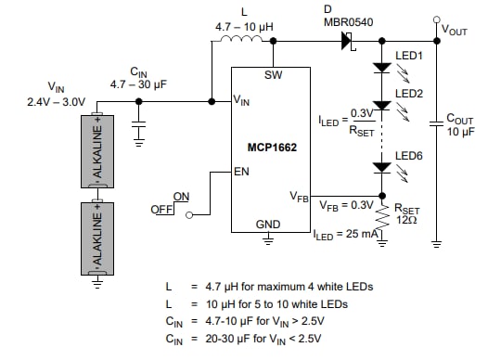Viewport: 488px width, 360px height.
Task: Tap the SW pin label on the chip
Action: pos(273,74)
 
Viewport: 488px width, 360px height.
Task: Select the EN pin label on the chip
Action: pos(241,172)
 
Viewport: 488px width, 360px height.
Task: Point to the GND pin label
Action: pos(268,225)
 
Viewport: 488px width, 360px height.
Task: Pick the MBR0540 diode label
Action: pos(349,22)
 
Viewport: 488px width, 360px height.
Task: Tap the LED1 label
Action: pos(409,56)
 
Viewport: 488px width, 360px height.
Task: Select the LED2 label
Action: pos(409,94)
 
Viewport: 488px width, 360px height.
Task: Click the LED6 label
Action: pos(409,156)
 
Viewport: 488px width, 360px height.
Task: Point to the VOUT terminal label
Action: pos(455,30)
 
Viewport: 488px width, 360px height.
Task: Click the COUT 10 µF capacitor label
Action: pos(460,124)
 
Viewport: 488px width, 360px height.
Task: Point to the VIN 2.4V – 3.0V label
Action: pos(57,96)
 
